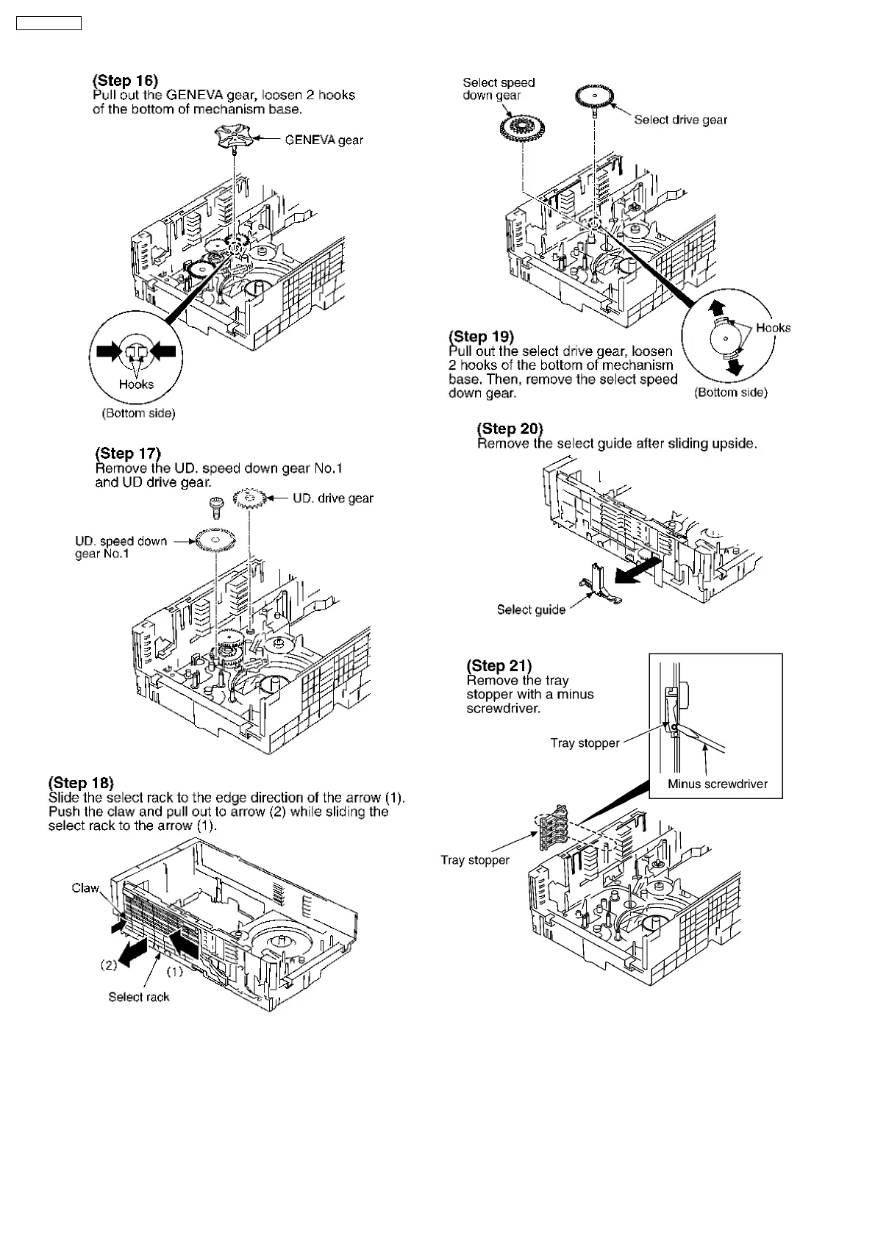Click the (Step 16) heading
pyautogui.click(x=125, y=80)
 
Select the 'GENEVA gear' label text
pyautogui.click(x=324, y=140)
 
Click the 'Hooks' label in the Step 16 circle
pyautogui.click(x=136, y=384)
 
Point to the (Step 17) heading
pyautogui.click(x=127, y=454)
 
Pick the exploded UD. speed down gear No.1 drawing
pyautogui.click(x=215, y=541)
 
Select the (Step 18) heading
pyautogui.click(x=81, y=782)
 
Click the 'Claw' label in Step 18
pyautogui.click(x=85, y=888)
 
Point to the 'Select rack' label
pyautogui.click(x=138, y=997)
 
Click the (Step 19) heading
pyautogui.click(x=481, y=337)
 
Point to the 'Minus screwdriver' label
pyautogui.click(x=717, y=784)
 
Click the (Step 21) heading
pyautogui.click(x=499, y=665)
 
